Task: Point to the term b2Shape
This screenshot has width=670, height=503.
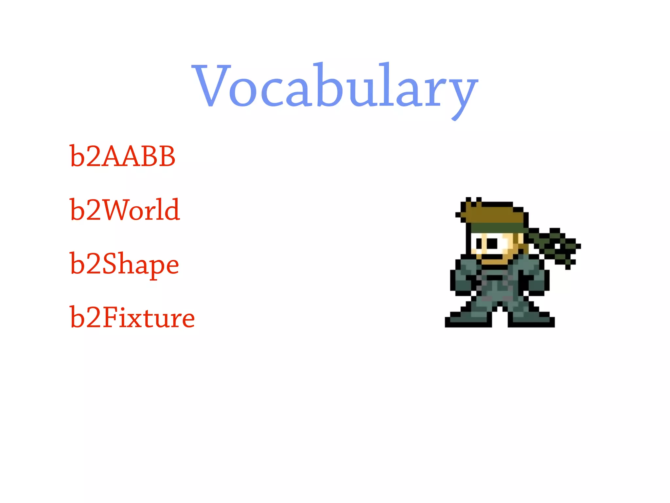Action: (x=124, y=265)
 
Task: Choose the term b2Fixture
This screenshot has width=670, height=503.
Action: (x=132, y=318)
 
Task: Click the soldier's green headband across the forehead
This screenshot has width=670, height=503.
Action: (x=497, y=228)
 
